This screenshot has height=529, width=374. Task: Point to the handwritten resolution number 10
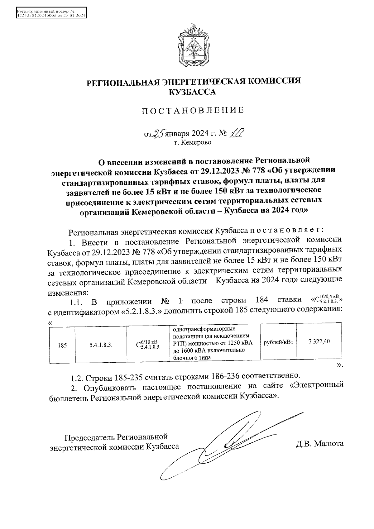point(236,133)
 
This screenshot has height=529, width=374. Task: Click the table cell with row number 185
point(62,345)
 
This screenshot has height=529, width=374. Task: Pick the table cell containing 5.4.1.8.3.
point(101,345)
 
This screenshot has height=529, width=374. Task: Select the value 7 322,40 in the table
point(319,341)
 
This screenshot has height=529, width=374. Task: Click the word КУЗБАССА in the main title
point(192,92)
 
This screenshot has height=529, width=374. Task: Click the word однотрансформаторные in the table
point(204,329)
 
